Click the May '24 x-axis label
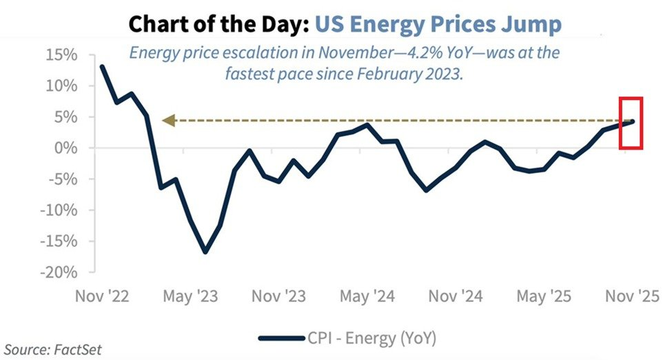click(x=368, y=297)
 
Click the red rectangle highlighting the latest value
click(x=631, y=123)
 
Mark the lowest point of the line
click(x=205, y=252)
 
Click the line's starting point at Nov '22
click(x=103, y=67)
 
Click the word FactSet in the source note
click(x=79, y=350)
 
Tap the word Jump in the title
click(x=536, y=25)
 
